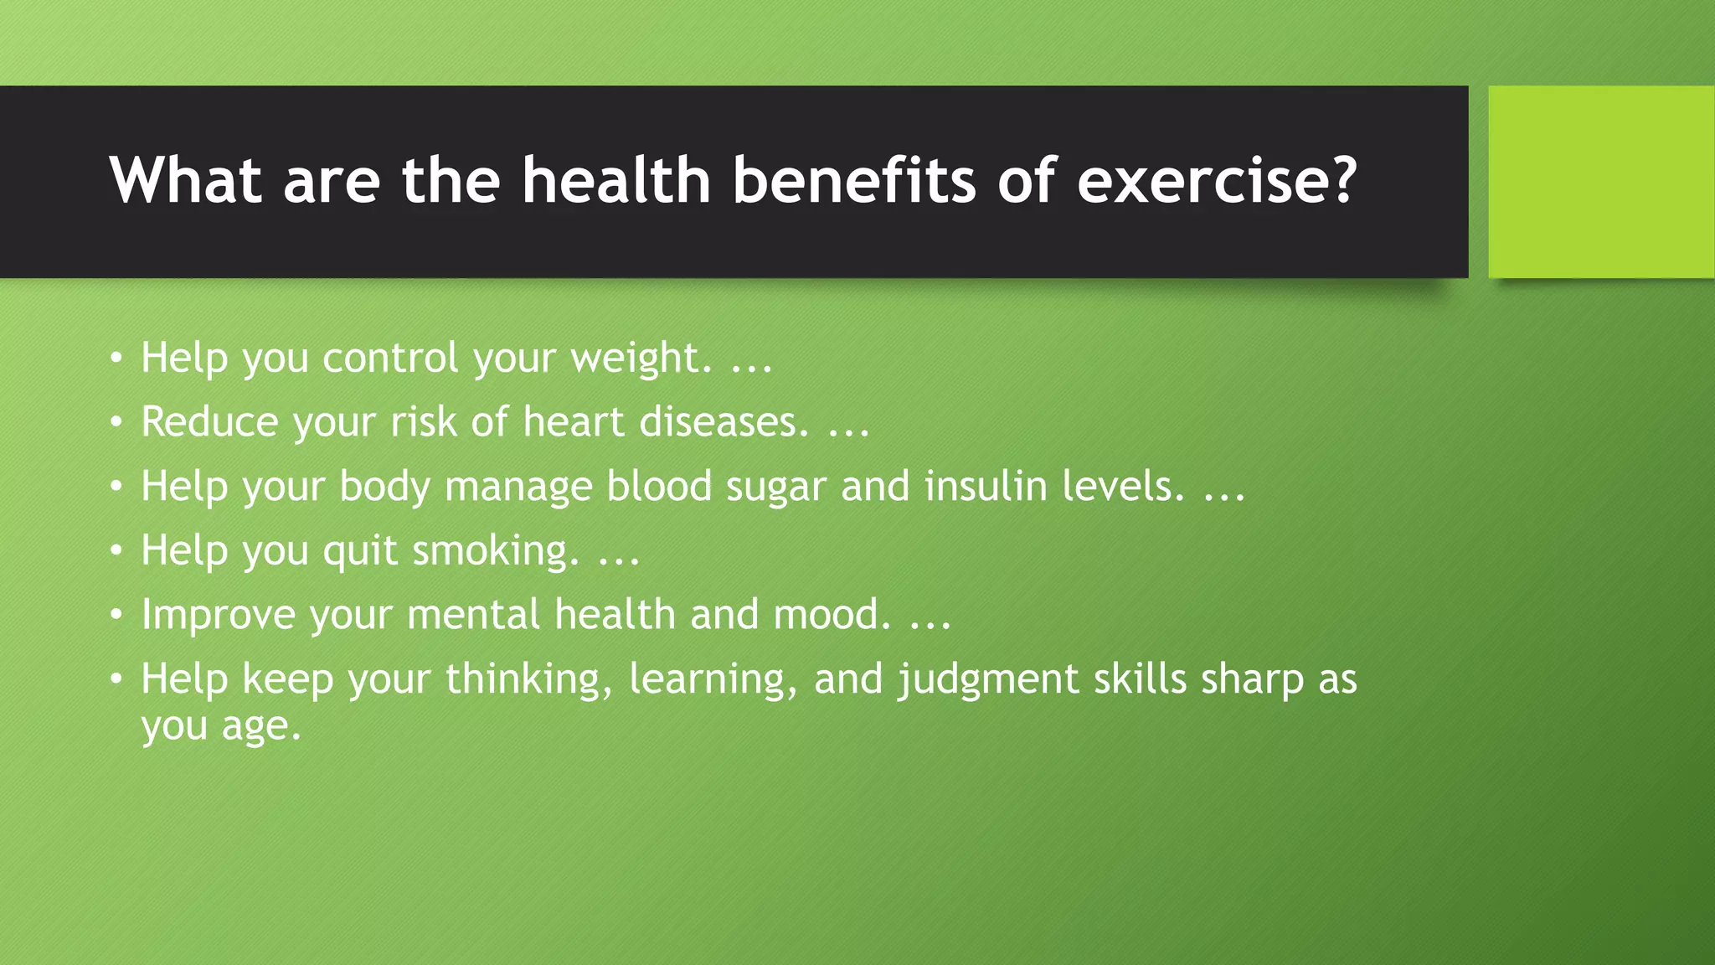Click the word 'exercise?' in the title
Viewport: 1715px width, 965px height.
point(1216,180)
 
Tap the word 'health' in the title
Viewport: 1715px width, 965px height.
point(616,180)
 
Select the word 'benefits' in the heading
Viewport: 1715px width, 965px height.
point(854,180)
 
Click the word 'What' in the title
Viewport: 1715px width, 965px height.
point(185,180)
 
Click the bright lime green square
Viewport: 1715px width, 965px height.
point(1601,182)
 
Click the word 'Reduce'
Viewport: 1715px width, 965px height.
point(209,421)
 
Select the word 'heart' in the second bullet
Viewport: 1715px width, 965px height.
point(574,421)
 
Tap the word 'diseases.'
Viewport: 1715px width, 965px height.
point(724,421)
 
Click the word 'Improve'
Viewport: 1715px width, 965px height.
point(218,615)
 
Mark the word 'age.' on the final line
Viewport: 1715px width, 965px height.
point(260,726)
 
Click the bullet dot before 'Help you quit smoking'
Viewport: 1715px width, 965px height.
point(116,550)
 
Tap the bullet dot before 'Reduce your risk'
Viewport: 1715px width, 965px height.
point(116,421)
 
